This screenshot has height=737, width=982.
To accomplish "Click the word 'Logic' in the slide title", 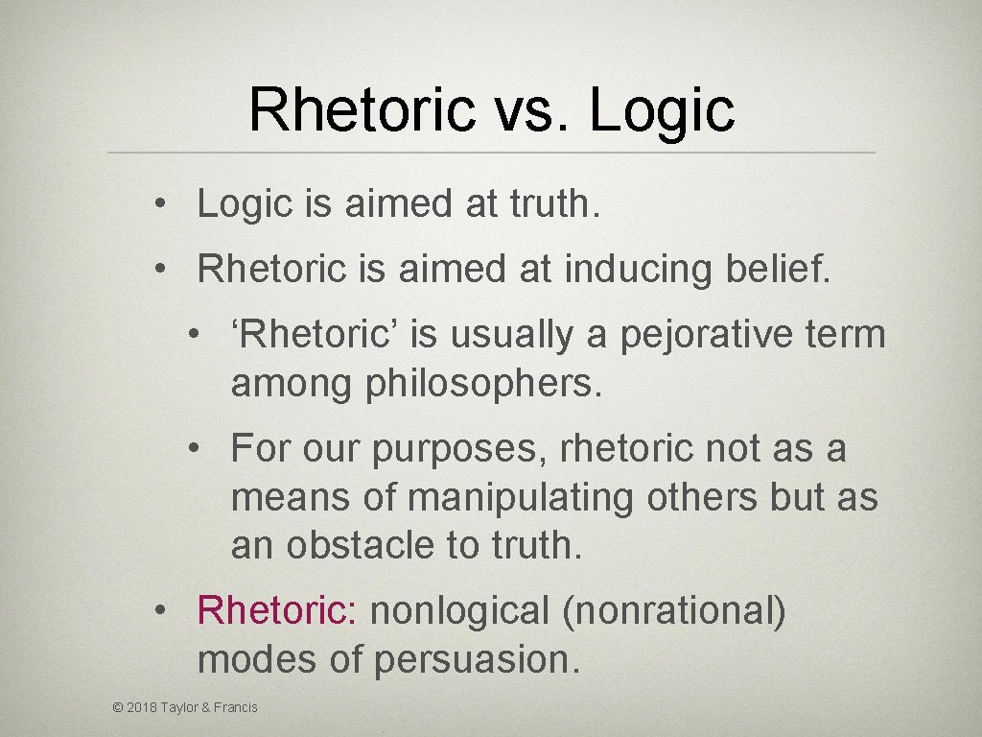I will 662,110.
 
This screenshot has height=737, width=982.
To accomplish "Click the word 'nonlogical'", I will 460,610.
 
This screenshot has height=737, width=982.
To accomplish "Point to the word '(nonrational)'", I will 675,610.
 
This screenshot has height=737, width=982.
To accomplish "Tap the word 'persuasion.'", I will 477,659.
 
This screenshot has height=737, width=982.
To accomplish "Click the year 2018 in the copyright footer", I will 141,708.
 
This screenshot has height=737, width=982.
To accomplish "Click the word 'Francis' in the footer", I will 237,708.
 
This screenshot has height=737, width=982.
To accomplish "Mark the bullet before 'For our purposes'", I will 195,448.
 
